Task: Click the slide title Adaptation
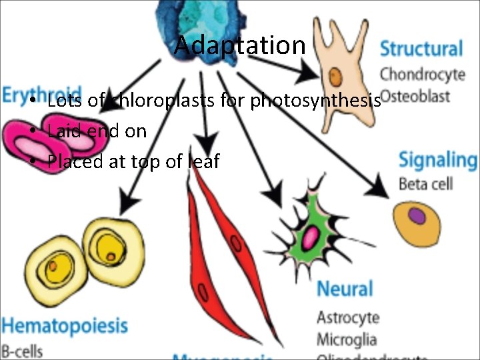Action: (x=239, y=45)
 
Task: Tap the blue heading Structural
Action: (x=421, y=49)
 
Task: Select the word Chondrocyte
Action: (x=422, y=73)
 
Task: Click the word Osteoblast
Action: (x=416, y=95)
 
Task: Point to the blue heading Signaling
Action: (x=437, y=161)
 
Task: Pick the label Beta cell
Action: (x=425, y=183)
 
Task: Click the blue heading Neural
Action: (x=344, y=289)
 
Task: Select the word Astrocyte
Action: (x=347, y=317)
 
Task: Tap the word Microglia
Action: (x=347, y=339)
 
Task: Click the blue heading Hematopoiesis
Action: (x=64, y=326)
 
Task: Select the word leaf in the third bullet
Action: (x=204, y=161)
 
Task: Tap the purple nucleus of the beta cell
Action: (x=417, y=216)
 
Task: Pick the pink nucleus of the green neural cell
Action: (x=311, y=235)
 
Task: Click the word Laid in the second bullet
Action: (x=63, y=131)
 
